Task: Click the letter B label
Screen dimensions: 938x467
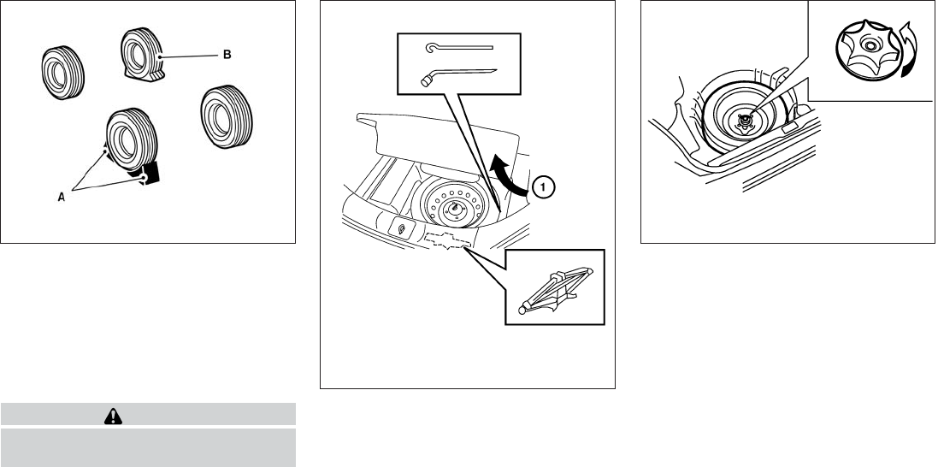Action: (227, 55)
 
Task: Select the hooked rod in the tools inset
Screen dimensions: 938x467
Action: (458, 50)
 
